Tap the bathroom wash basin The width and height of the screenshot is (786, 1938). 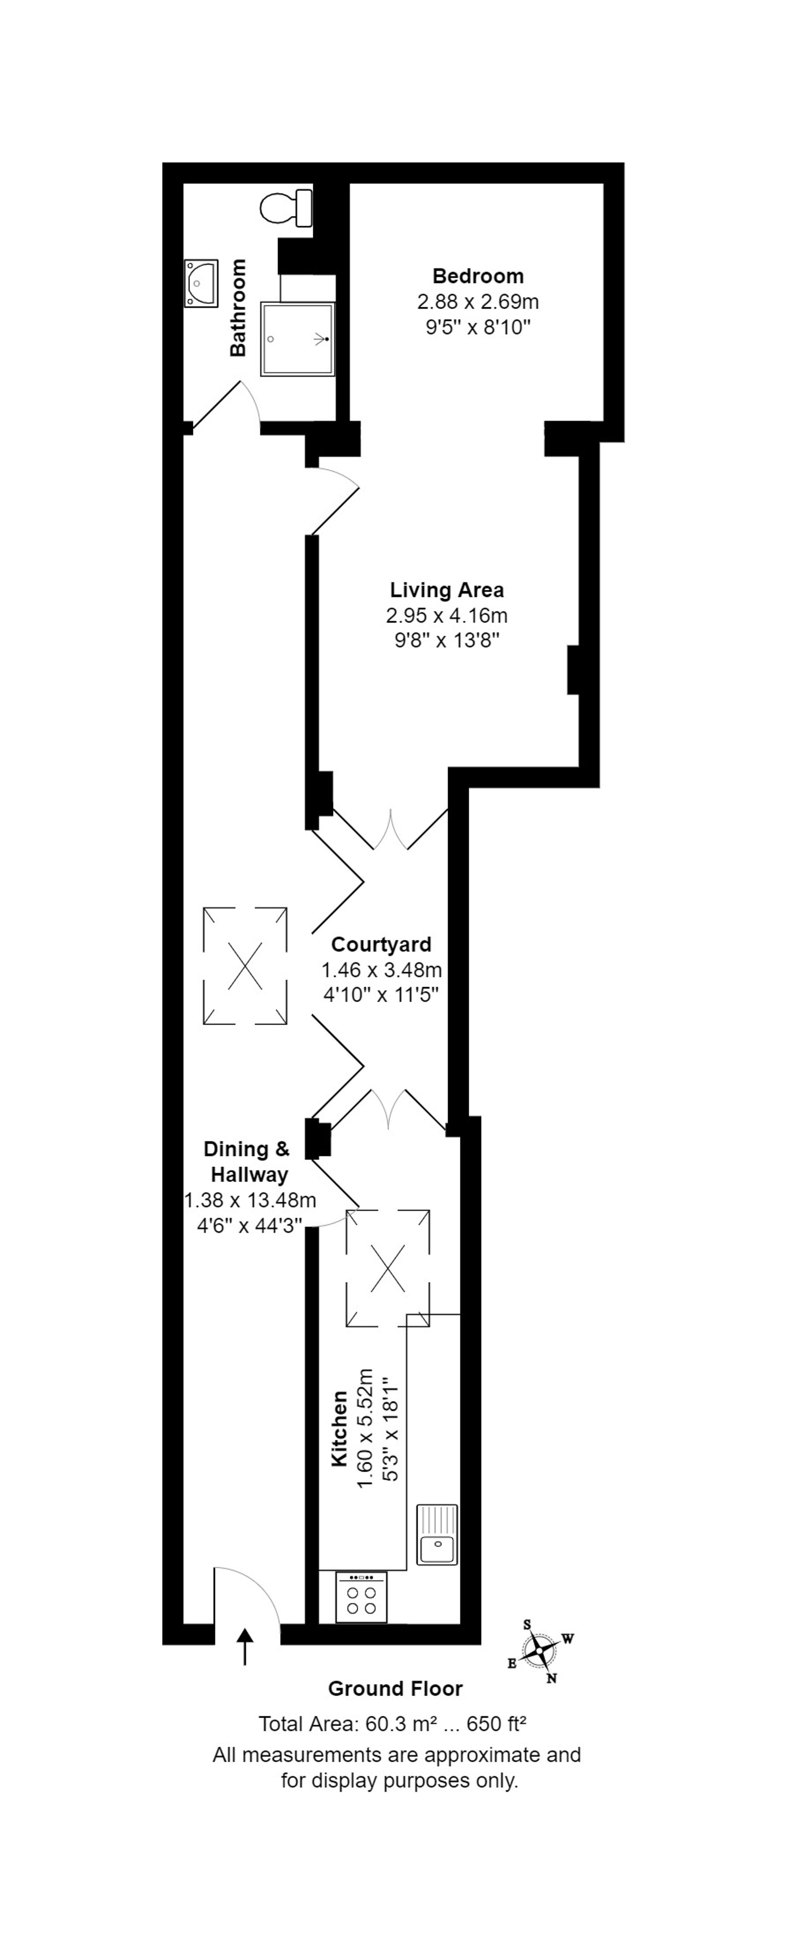click(x=201, y=284)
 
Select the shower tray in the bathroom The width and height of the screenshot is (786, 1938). click(x=296, y=339)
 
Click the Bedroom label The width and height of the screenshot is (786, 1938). click(x=477, y=276)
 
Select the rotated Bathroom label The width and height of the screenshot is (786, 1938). click(x=238, y=308)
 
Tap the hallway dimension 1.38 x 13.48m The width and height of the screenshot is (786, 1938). click(x=250, y=1201)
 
